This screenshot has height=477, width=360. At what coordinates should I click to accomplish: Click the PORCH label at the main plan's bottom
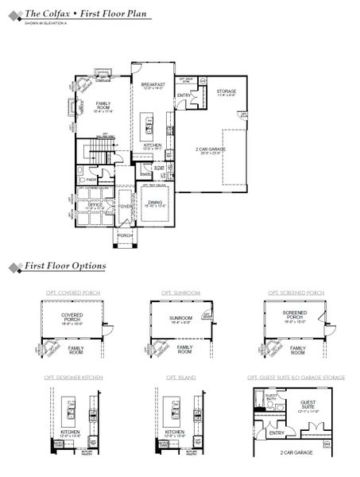click(125, 235)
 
